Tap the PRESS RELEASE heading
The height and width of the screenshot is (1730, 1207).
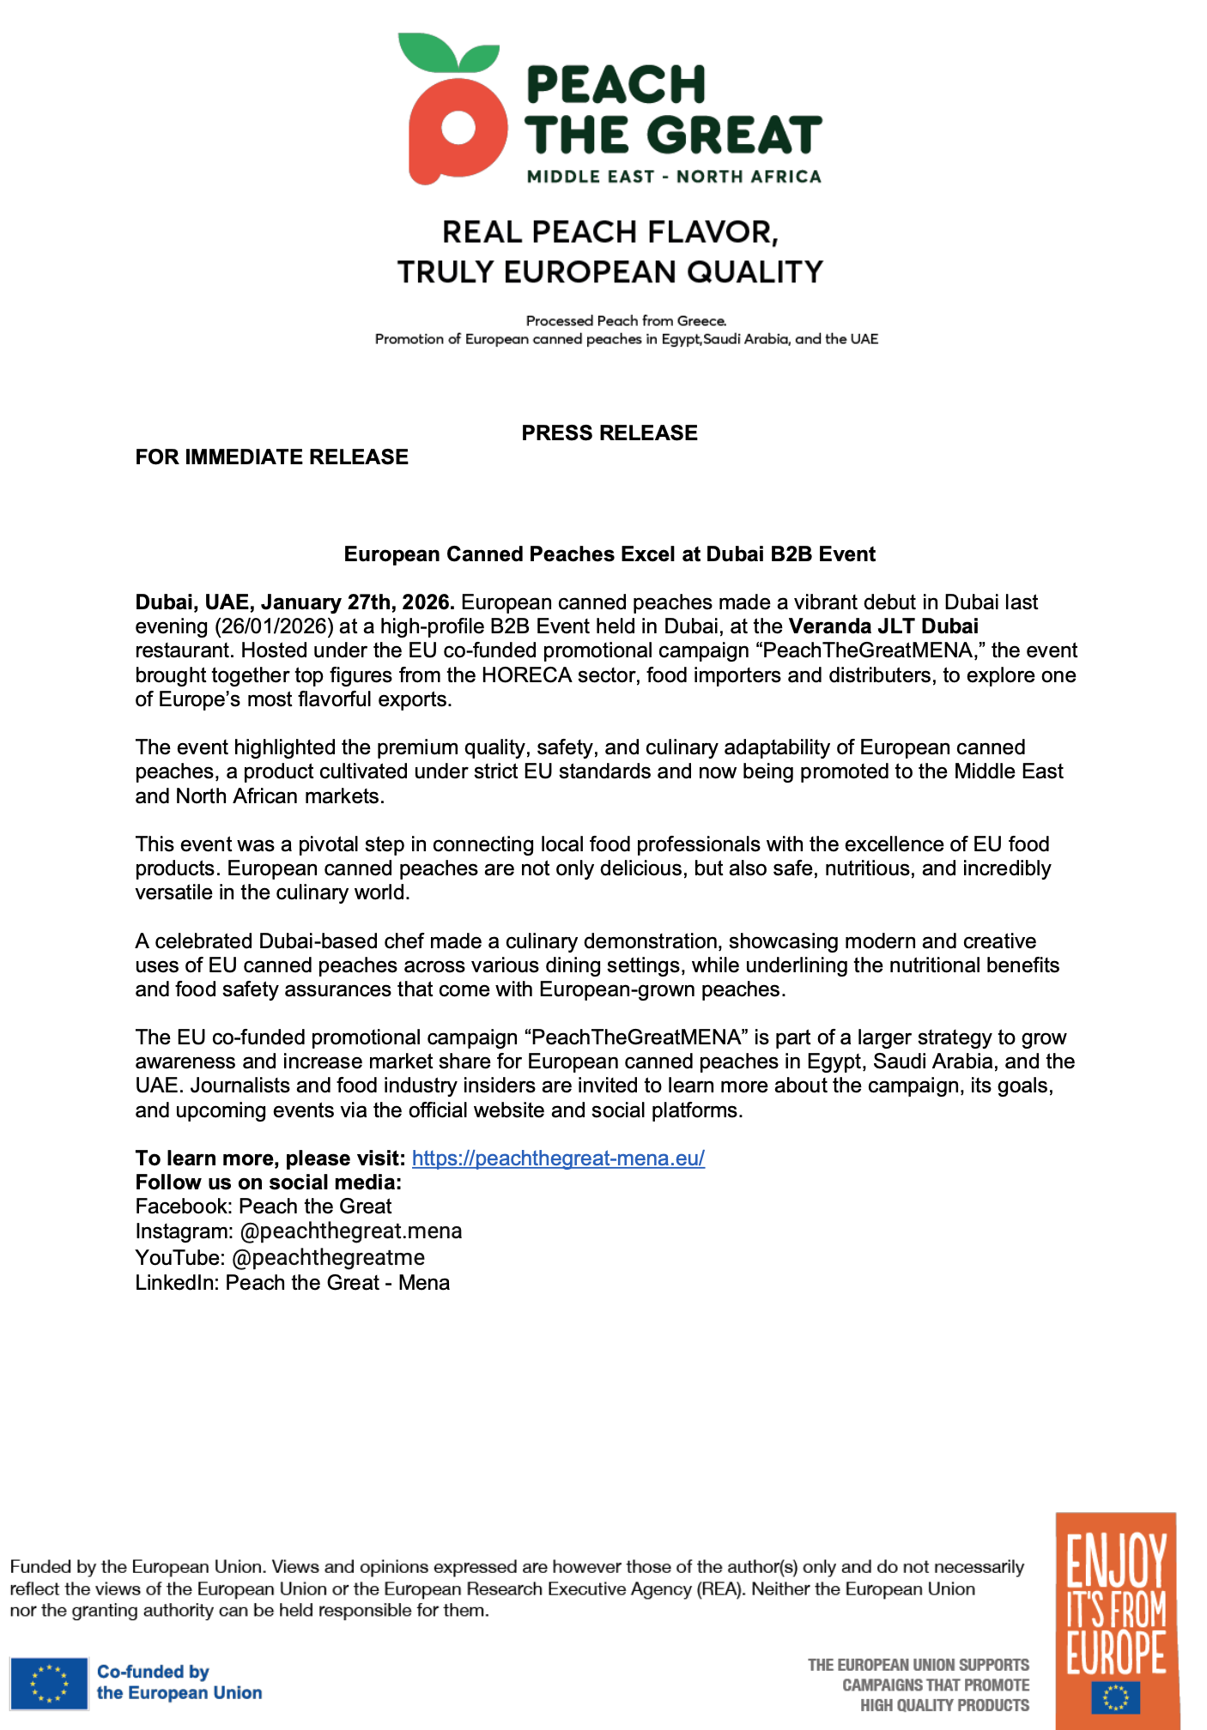(610, 432)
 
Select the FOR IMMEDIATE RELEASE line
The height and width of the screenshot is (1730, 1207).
(271, 457)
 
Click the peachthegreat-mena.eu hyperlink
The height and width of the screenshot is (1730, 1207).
(558, 1158)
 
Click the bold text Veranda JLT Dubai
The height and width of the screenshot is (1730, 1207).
(883, 626)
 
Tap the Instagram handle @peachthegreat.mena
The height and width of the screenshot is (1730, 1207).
(350, 1231)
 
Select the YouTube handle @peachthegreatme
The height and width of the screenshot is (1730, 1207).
(328, 1258)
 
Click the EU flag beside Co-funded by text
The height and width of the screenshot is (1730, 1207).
(49, 1683)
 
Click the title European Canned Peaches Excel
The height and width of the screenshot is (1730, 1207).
(610, 554)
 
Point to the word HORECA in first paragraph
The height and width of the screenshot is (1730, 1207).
(526, 675)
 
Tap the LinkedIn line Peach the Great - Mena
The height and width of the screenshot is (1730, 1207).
(293, 1283)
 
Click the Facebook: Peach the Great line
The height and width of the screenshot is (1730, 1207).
(264, 1207)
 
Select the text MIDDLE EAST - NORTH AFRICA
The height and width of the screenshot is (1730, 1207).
(674, 177)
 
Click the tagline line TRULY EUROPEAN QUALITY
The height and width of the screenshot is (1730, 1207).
(610, 272)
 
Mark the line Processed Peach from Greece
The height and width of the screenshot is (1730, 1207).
(626, 321)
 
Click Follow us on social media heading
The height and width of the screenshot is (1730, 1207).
(269, 1183)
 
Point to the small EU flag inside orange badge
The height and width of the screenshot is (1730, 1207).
(1115, 1697)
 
